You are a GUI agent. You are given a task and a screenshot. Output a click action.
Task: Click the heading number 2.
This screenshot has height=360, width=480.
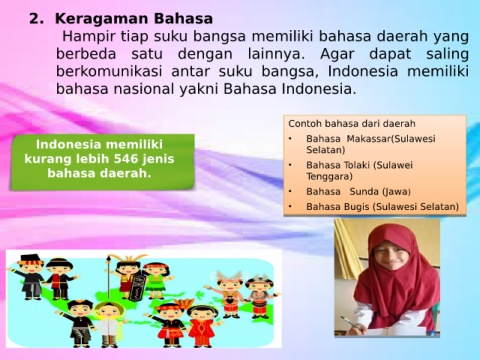tap(36, 19)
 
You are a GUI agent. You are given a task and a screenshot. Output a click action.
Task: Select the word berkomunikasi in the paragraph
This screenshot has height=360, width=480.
tap(109, 71)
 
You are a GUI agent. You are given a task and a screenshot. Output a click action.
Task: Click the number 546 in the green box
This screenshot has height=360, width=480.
tap(126, 159)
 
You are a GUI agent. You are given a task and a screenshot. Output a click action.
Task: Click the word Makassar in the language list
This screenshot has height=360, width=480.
tap(368, 139)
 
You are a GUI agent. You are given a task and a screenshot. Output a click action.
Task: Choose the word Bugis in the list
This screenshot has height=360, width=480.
tap(354, 207)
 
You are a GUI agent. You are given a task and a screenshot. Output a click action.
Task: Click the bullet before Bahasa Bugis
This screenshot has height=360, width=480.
tap(290, 207)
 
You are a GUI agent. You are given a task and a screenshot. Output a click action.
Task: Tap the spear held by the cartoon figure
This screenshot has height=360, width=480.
tap(108, 277)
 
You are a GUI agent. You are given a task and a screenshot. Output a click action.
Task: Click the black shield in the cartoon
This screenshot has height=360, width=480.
tap(138, 286)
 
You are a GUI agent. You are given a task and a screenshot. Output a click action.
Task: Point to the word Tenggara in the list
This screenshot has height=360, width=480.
tap(329, 177)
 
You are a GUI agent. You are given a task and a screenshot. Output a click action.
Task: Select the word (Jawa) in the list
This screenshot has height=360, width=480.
tap(396, 192)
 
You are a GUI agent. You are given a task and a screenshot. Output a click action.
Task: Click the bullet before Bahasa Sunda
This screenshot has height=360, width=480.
tap(290, 192)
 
